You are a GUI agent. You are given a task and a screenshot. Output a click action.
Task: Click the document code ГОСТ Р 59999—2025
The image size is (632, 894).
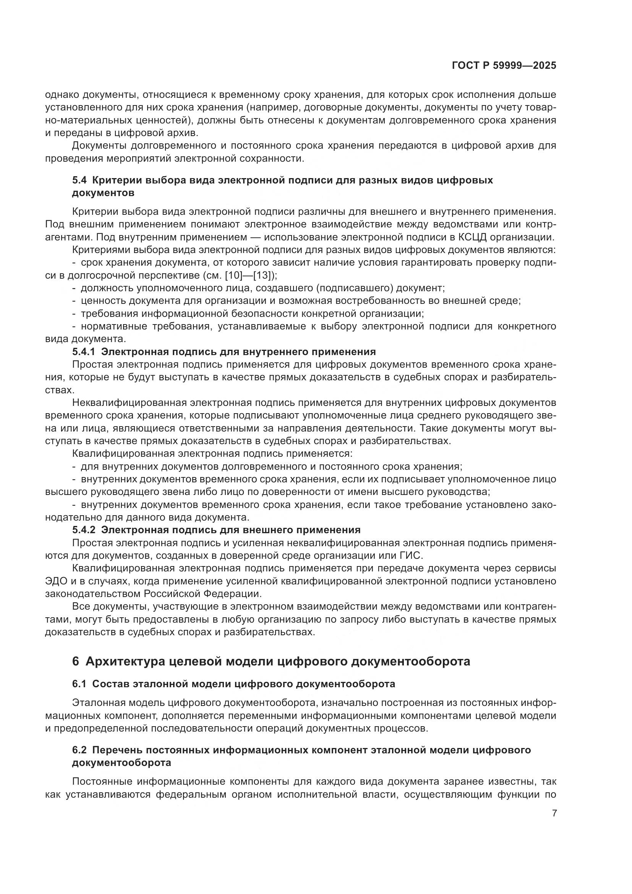click(x=504, y=66)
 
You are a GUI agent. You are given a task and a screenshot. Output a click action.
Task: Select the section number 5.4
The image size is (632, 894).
click(x=80, y=180)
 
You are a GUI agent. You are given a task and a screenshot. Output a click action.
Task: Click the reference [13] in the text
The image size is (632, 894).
click(x=264, y=275)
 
